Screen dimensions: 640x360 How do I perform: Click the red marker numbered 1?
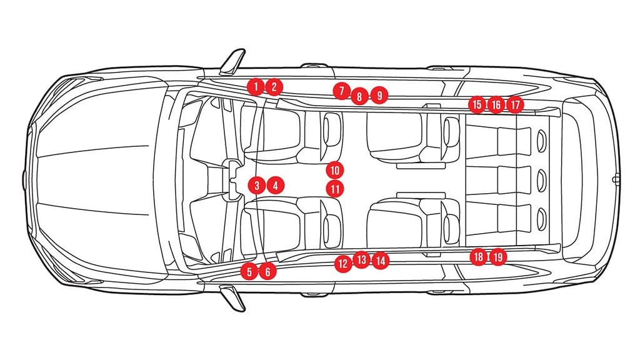256,86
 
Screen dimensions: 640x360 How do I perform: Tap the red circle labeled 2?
274,86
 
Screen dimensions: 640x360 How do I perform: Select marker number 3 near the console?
257,186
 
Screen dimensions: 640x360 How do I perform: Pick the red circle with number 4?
276,186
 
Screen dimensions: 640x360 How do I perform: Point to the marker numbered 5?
249,271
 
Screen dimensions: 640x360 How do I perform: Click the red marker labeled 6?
267,271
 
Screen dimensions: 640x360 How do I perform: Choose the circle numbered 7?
341,91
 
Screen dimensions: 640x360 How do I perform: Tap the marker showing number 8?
359,96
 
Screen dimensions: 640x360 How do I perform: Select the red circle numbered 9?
379,96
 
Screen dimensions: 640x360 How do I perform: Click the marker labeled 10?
335,170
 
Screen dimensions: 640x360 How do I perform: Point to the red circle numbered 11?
335,189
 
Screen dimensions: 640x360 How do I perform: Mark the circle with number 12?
343,264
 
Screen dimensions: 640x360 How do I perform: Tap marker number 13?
361,259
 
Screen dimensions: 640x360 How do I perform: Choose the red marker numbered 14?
381,261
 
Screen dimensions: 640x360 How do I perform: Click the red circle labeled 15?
477,104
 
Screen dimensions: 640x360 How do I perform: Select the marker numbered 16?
496,105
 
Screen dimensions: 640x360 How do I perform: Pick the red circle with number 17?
515,105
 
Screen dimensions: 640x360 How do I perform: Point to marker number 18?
478,257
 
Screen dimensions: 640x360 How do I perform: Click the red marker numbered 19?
498,257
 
